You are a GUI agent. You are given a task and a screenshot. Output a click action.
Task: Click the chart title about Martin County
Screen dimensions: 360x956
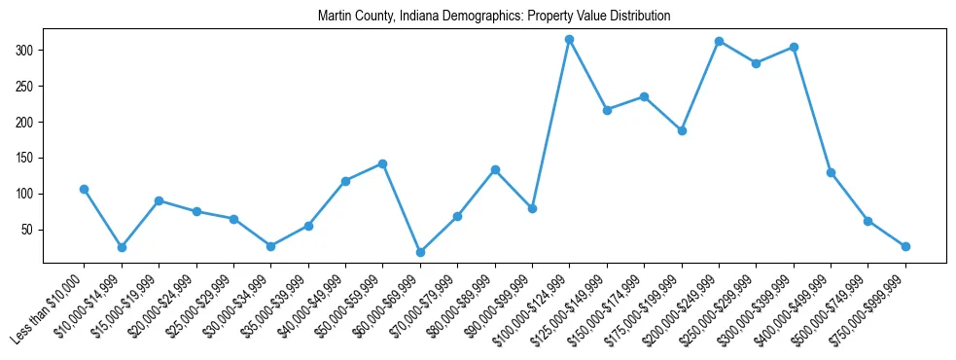(x=494, y=17)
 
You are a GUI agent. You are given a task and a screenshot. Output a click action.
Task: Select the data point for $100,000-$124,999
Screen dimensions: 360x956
(x=570, y=39)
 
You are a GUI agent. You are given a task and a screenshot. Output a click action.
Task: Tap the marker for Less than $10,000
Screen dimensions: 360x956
(x=85, y=189)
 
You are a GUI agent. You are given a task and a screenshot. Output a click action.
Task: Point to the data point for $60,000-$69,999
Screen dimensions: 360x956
(x=420, y=252)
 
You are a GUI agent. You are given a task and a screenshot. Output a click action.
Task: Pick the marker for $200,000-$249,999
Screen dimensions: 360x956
(x=719, y=41)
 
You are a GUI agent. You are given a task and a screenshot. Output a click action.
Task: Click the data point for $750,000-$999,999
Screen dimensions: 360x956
(x=905, y=246)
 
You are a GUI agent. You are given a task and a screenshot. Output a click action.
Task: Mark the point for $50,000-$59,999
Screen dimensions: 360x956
(x=383, y=163)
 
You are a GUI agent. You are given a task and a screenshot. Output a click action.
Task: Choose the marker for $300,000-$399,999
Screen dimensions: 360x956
(x=794, y=47)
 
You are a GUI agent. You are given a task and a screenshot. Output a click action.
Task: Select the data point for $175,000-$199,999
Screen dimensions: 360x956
(x=682, y=130)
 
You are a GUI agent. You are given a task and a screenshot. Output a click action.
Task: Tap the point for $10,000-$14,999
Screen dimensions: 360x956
(x=122, y=247)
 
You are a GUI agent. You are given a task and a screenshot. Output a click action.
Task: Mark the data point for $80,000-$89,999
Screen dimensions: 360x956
(x=495, y=169)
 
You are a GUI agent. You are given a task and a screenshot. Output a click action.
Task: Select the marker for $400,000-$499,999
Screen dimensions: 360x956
(x=831, y=172)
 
